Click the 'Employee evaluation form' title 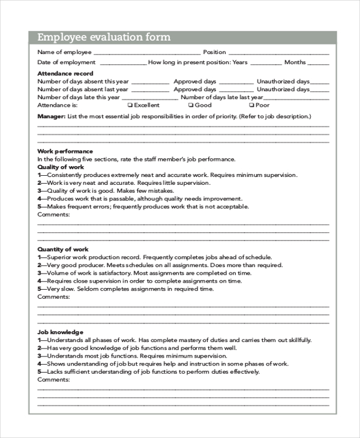click(x=104, y=37)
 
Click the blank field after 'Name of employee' click(x=147, y=53)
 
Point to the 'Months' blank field click(x=319, y=63)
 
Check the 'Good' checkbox click(x=190, y=105)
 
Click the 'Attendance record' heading click(x=61, y=73)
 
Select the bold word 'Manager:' click(x=51, y=116)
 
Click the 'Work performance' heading click(x=65, y=151)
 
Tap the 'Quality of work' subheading click(x=61, y=167)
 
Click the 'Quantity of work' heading click(x=63, y=249)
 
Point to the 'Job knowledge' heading click(x=60, y=332)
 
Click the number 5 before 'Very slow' click(x=40, y=289)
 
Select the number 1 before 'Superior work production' click(x=40, y=257)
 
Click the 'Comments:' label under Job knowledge click(x=54, y=379)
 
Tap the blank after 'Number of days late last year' click(x=296, y=97)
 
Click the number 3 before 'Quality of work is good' click(x=40, y=190)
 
